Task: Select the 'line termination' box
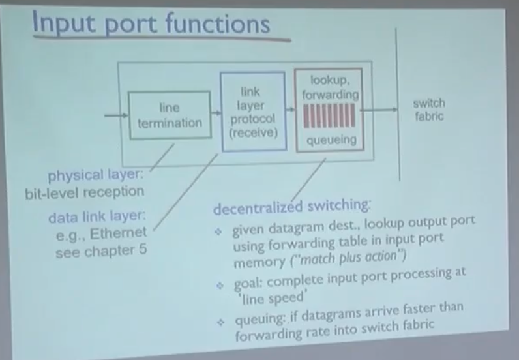tap(169, 115)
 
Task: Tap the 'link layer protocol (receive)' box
tap(253, 113)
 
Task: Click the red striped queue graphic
tap(329, 116)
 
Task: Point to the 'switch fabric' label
tap(429, 110)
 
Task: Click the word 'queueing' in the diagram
tap(331, 140)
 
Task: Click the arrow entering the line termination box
tap(116, 116)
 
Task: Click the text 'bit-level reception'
tap(85, 192)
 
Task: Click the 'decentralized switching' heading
tap(291, 206)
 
